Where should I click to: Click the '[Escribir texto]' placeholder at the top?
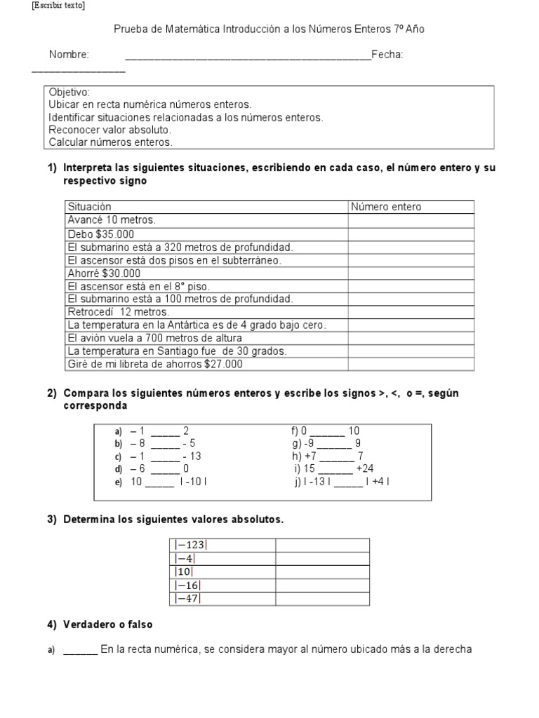coord(58,6)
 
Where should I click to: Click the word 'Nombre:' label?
coord(69,55)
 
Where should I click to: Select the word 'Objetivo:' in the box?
coord(69,93)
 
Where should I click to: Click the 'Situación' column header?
coord(89,207)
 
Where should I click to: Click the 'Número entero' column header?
coord(386,207)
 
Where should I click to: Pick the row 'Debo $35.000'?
coord(100,234)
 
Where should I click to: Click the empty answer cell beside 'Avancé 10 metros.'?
coord(411,220)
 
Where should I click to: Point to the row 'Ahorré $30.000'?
coord(104,273)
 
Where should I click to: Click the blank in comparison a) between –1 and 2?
coord(165,431)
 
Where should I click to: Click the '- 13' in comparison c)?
coord(192,456)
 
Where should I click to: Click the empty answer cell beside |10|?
coord(322,571)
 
